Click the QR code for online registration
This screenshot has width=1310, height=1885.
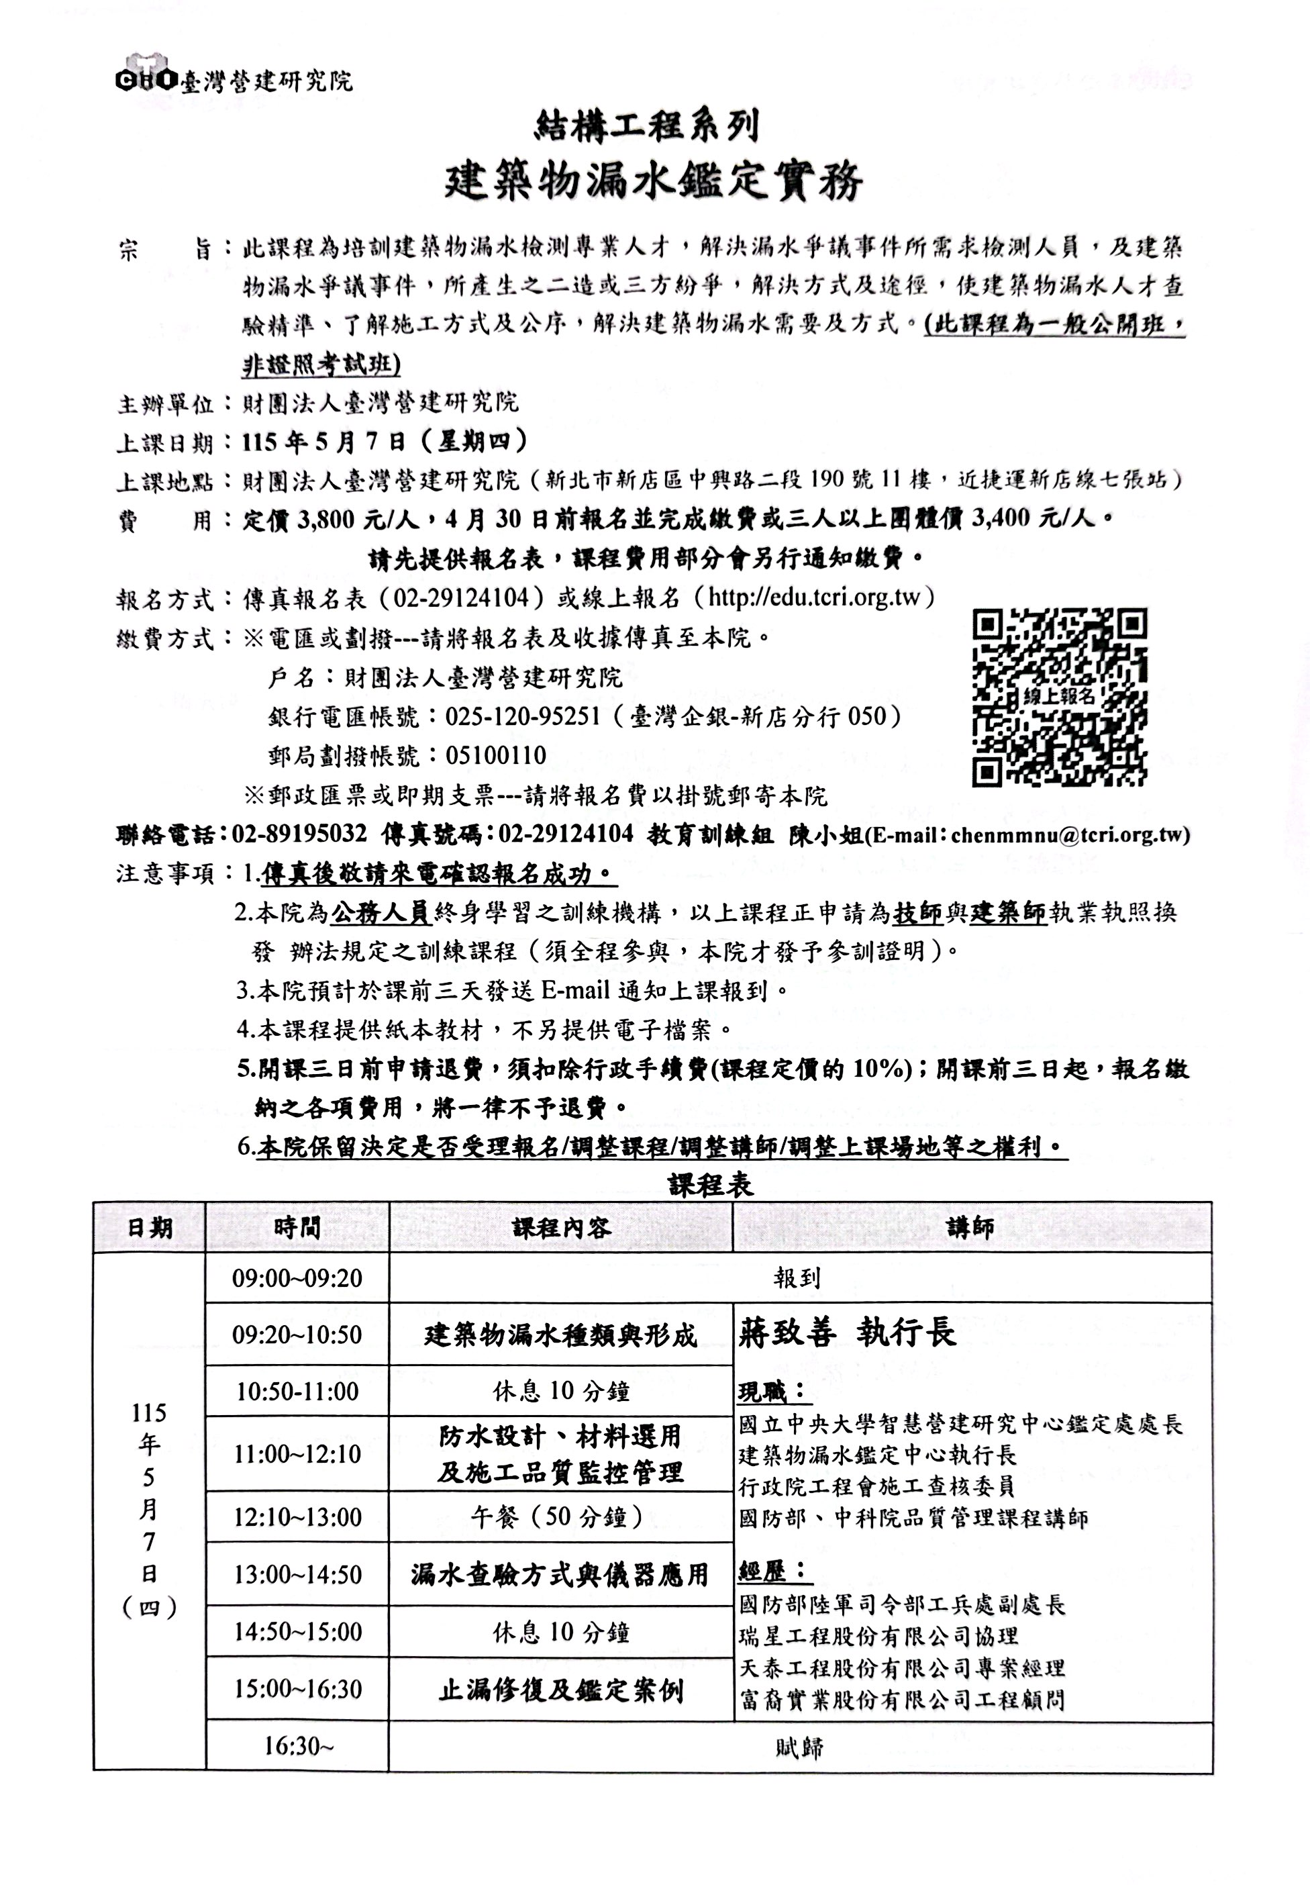click(1059, 697)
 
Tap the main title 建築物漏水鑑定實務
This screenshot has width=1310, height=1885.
click(654, 181)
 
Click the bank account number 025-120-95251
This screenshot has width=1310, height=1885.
click(523, 717)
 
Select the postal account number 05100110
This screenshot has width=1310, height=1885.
click(496, 755)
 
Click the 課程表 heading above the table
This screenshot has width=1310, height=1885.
click(711, 1186)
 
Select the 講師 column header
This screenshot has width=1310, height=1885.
click(970, 1228)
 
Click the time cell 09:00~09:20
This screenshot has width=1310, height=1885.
click(297, 1278)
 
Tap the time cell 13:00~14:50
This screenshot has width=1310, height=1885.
click(297, 1575)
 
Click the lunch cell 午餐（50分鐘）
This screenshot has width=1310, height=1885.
click(560, 1516)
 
